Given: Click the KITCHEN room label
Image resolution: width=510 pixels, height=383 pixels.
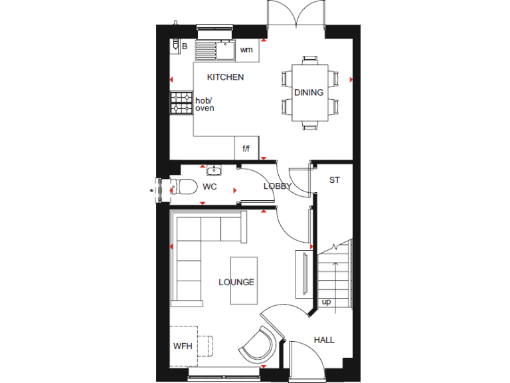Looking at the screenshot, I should point(225,77).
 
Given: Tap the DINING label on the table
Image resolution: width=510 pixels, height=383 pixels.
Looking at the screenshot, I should point(309,92).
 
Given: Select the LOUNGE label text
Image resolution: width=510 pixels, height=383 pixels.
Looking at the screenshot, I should point(236,282).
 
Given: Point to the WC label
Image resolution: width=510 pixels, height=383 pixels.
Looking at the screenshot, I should point(210,187).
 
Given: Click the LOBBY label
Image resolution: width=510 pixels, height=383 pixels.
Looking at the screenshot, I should point(277,186).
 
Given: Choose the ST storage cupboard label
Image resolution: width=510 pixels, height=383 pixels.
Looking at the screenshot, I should point(335,180).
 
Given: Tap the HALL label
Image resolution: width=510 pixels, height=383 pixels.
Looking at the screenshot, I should point(324,340).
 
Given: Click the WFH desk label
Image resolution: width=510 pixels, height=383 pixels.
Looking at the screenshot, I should point(182,346).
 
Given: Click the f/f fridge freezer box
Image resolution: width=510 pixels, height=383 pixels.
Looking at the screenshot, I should point(246,148).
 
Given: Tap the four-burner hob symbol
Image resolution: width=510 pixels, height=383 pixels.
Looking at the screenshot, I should point(181,104).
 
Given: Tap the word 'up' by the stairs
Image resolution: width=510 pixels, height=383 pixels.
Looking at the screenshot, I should point(326,302).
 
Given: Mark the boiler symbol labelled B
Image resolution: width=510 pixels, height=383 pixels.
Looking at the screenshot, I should point(177,45).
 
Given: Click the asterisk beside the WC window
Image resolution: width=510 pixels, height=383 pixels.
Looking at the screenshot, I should point(151,191).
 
